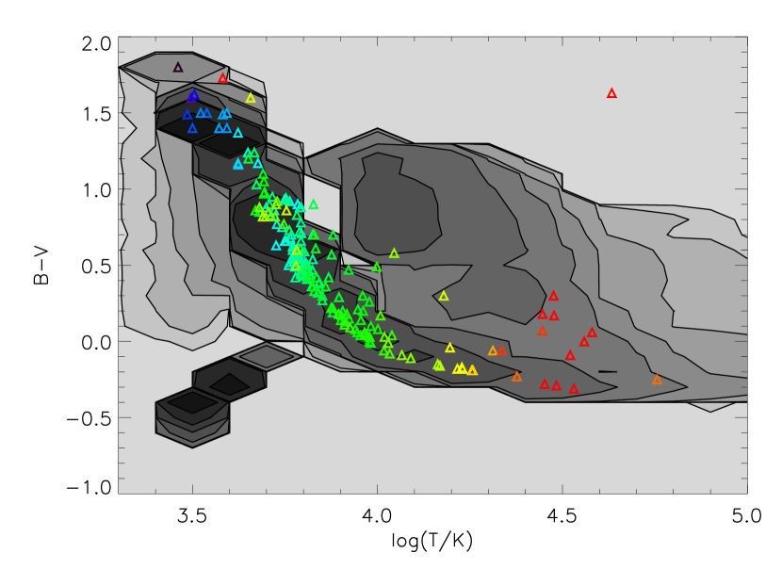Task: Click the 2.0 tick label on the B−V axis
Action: (x=96, y=44)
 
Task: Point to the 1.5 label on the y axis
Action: (x=96, y=115)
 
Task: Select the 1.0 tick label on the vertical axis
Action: (x=96, y=190)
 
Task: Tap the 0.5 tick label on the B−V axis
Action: (x=96, y=267)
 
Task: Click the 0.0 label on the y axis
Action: (x=96, y=343)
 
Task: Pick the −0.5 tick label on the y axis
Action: (x=90, y=418)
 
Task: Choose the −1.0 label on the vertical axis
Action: (x=90, y=487)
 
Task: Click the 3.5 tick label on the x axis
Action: (x=192, y=515)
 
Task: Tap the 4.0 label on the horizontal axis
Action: (x=378, y=515)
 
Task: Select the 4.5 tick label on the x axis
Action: (x=563, y=515)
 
